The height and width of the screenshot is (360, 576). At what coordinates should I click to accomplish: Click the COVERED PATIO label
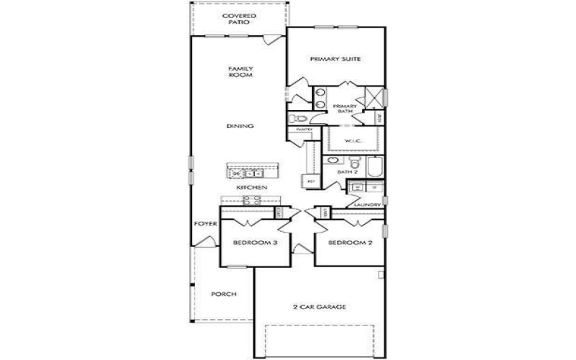click(239, 19)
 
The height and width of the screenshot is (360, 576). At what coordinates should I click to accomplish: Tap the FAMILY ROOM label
click(240, 72)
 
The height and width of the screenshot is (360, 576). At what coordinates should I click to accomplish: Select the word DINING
click(240, 127)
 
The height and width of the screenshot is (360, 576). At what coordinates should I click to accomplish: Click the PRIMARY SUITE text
click(335, 59)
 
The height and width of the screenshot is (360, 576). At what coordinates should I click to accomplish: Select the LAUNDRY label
click(367, 205)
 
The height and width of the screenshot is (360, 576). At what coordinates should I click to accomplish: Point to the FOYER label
click(201, 224)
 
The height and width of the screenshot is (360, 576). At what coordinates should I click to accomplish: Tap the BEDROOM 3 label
click(255, 243)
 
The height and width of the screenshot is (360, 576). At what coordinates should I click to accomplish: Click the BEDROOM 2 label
click(350, 243)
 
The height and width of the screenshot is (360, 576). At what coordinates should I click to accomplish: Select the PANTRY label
click(304, 130)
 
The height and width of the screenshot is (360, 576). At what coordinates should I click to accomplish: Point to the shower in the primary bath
click(374, 96)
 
